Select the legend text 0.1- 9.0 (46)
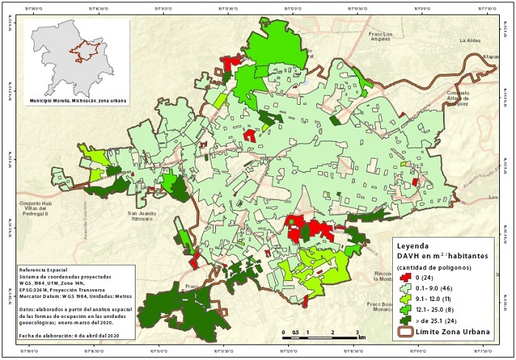click(x=437, y=289)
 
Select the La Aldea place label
click(x=470, y=41)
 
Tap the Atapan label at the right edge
click(x=491, y=55)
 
